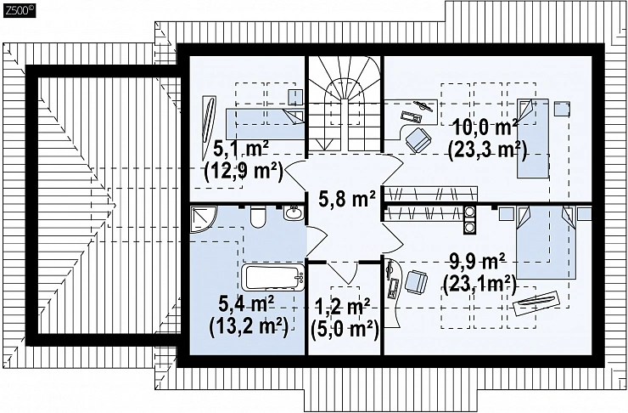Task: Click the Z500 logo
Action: coord(20,11)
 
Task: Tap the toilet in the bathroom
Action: coord(257,218)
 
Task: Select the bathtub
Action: coord(272,277)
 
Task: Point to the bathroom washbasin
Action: coord(294,212)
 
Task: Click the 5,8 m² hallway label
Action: coord(347,199)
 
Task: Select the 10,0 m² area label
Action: coord(485,129)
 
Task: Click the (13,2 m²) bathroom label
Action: coord(249,326)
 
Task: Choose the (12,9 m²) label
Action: coord(244,171)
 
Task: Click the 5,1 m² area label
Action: coord(241,150)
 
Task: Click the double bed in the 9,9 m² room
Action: coord(546,242)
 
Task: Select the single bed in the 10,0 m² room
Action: coord(533,138)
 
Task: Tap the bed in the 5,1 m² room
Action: coord(265,124)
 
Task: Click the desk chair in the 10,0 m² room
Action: coord(418,140)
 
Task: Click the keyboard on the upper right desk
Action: coord(411,116)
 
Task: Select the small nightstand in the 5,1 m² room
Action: coord(295,97)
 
